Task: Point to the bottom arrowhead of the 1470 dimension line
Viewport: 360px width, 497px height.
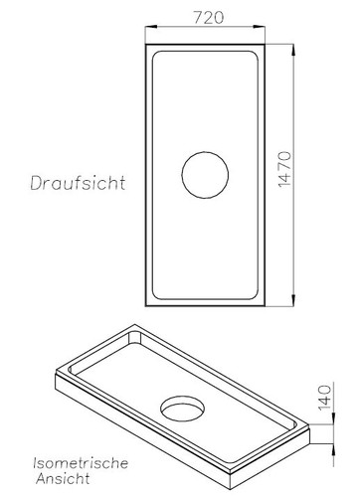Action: (x=295, y=304)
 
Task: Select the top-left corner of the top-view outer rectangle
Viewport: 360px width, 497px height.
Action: (x=145, y=46)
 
